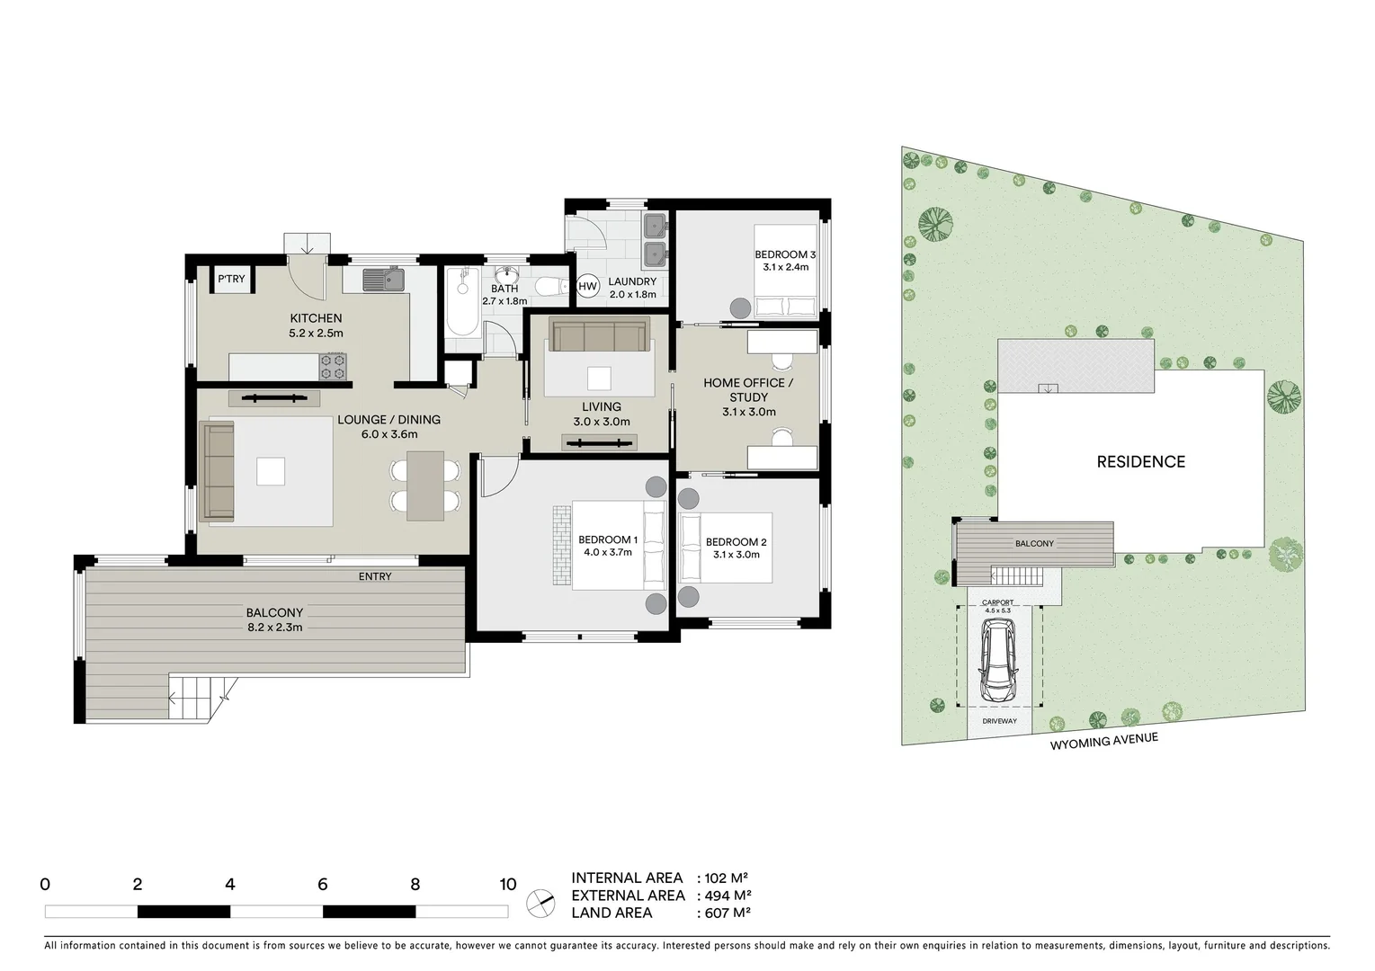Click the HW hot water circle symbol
(x=587, y=287)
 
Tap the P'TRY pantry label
(x=231, y=279)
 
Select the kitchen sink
(x=384, y=280)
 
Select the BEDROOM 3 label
(x=785, y=255)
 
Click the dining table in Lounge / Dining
(x=425, y=485)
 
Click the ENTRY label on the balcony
(x=375, y=576)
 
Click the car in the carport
(x=999, y=664)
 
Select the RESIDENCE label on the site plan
(x=1140, y=462)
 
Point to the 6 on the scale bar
(x=322, y=884)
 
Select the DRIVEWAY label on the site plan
(x=998, y=721)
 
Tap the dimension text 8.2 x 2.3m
(x=274, y=627)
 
